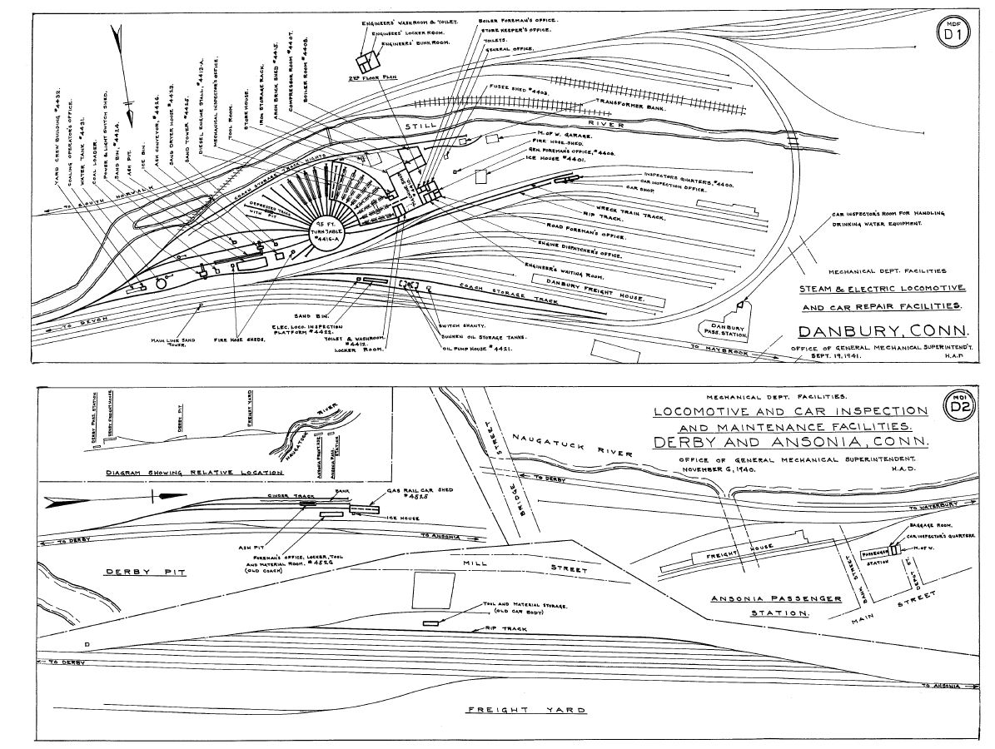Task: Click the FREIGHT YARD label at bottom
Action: click(524, 710)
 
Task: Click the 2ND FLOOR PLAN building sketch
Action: click(366, 62)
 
